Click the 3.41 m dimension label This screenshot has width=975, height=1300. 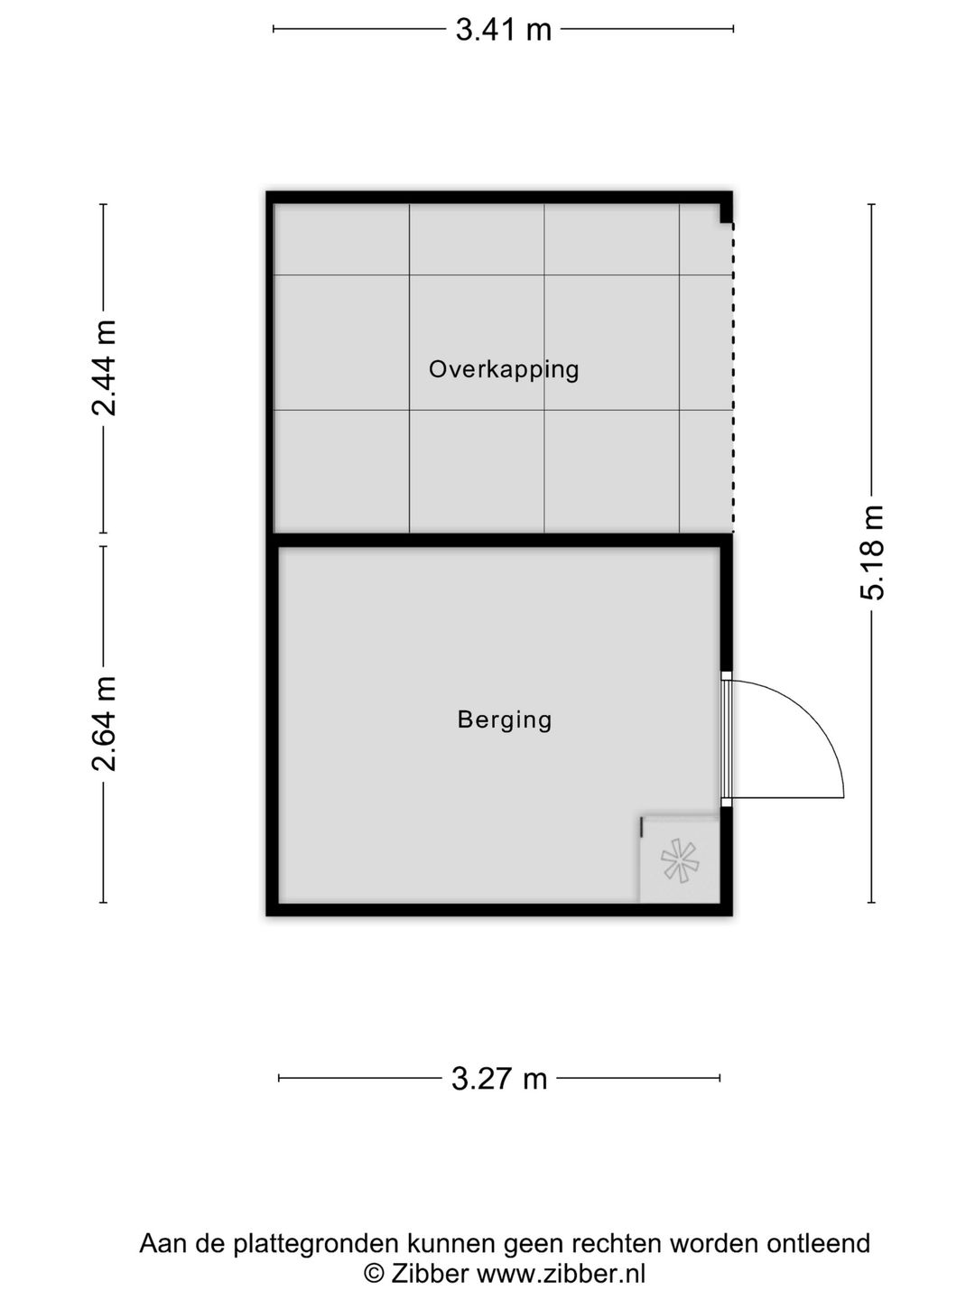point(503,30)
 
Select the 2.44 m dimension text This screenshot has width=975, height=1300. point(105,367)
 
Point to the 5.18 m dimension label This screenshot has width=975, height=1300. point(872,552)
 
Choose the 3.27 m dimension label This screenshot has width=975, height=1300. point(499,1078)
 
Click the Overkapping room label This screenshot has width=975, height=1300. point(504,369)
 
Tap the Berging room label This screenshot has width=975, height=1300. point(504,720)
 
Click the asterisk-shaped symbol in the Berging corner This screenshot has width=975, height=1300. point(679,860)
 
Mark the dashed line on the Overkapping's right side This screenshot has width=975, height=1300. point(732,379)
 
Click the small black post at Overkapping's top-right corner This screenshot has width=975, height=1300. point(725,213)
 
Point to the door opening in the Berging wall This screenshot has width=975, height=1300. point(726,738)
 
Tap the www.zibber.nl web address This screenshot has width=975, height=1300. point(561,1274)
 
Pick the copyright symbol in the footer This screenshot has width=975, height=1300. point(373,1274)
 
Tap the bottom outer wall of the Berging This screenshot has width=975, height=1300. point(499,909)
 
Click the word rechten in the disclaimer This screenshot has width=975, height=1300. point(610,1244)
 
